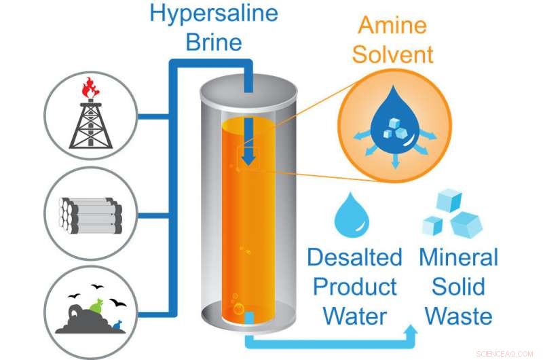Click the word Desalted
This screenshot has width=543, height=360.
pyautogui.click(x=354, y=257)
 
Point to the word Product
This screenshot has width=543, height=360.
pyautogui.click(x=354, y=286)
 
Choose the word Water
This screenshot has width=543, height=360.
pyautogui.click(x=354, y=315)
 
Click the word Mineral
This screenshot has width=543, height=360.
pyautogui.click(x=458, y=257)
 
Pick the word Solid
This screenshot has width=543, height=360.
pyautogui.click(x=458, y=286)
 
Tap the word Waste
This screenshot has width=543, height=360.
pyautogui.click(x=458, y=315)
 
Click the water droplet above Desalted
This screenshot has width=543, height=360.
pyautogui.click(x=352, y=214)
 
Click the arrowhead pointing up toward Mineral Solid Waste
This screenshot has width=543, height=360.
pyautogui.click(x=413, y=331)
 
